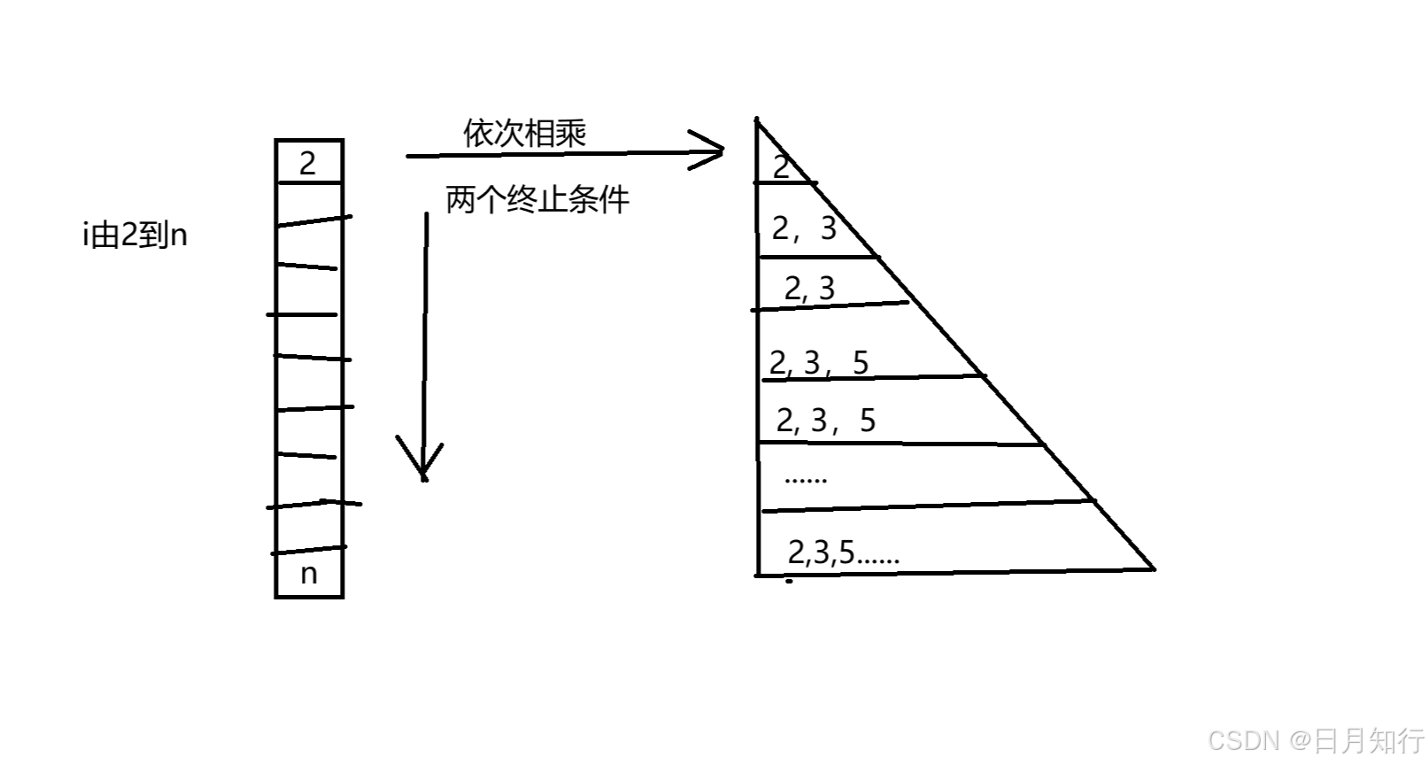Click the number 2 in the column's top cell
[307, 163]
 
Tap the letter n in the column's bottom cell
[308, 574]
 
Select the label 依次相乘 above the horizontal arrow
[525, 134]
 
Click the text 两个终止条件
[537, 199]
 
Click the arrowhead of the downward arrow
[423, 469]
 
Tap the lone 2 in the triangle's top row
[781, 166]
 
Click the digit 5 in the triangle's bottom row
[846, 552]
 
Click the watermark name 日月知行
[1369, 740]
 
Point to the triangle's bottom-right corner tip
[1154, 569]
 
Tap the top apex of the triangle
[756, 119]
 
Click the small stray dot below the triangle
[790, 582]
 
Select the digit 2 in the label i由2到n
[129, 236]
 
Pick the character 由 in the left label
[104, 236]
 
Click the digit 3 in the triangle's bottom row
[822, 552]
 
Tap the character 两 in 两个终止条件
[460, 199]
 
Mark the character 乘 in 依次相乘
[571, 134]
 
